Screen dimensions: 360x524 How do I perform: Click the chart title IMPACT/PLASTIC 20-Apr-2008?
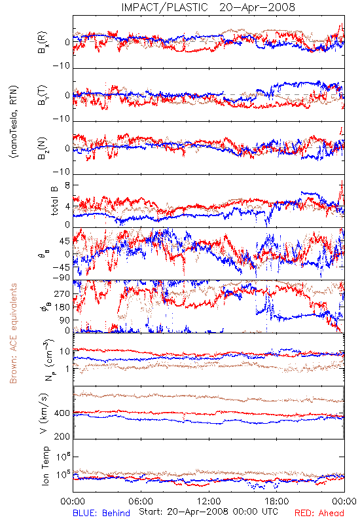coord(208,7)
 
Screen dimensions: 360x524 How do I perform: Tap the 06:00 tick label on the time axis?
coord(141,501)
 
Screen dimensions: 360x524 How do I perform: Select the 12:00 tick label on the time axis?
coord(209,501)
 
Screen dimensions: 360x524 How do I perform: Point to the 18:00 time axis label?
coord(277,501)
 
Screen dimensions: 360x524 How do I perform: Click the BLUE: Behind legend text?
coord(101,513)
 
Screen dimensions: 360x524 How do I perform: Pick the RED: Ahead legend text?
coord(319,513)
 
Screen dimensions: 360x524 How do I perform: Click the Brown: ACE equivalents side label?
coord(13,333)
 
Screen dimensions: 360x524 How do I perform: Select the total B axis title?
coord(54,200)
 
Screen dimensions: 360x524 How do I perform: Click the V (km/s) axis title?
coord(44,414)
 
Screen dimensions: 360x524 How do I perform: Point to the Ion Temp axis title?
coord(45,466)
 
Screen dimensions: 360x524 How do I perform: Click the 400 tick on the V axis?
coord(62,413)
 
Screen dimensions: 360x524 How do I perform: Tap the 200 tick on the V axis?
coord(62,436)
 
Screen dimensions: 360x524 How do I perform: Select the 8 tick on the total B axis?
coord(67,185)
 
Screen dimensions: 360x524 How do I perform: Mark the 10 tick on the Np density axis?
coord(65,352)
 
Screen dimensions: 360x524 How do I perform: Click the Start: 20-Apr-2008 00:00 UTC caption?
coord(208,512)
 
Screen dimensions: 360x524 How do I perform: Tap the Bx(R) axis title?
coord(43,42)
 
